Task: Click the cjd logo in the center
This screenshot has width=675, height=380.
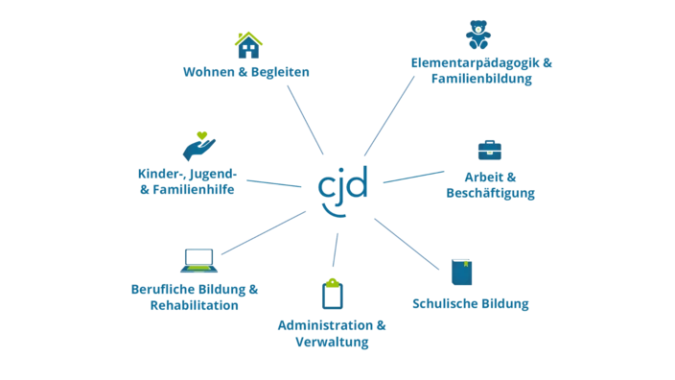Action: [342, 191]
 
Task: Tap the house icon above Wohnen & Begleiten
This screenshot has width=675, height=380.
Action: [248, 45]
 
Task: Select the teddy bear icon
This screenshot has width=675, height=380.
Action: [477, 35]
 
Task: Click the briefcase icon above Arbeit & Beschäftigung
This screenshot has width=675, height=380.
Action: [489, 150]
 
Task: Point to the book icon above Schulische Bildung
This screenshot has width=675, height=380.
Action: [462, 272]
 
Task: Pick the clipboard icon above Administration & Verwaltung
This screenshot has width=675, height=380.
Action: [333, 294]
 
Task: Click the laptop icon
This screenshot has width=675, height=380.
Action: [198, 260]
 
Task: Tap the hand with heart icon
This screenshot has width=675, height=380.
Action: [198, 146]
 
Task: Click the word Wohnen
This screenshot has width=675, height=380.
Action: [209, 72]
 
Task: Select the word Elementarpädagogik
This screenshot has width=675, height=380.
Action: [476, 63]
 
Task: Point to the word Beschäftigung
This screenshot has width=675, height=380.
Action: [490, 193]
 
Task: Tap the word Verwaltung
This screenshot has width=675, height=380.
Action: [332, 342]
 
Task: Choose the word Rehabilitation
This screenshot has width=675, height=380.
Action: [194, 305]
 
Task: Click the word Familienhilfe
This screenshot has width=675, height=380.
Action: [194, 190]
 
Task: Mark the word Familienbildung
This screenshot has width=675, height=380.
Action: [481, 79]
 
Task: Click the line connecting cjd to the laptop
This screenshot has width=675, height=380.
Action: [264, 232]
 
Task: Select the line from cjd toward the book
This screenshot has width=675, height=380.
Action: [407, 245]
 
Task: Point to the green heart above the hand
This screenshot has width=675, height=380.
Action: [202, 135]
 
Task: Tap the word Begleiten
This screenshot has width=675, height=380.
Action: [280, 72]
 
